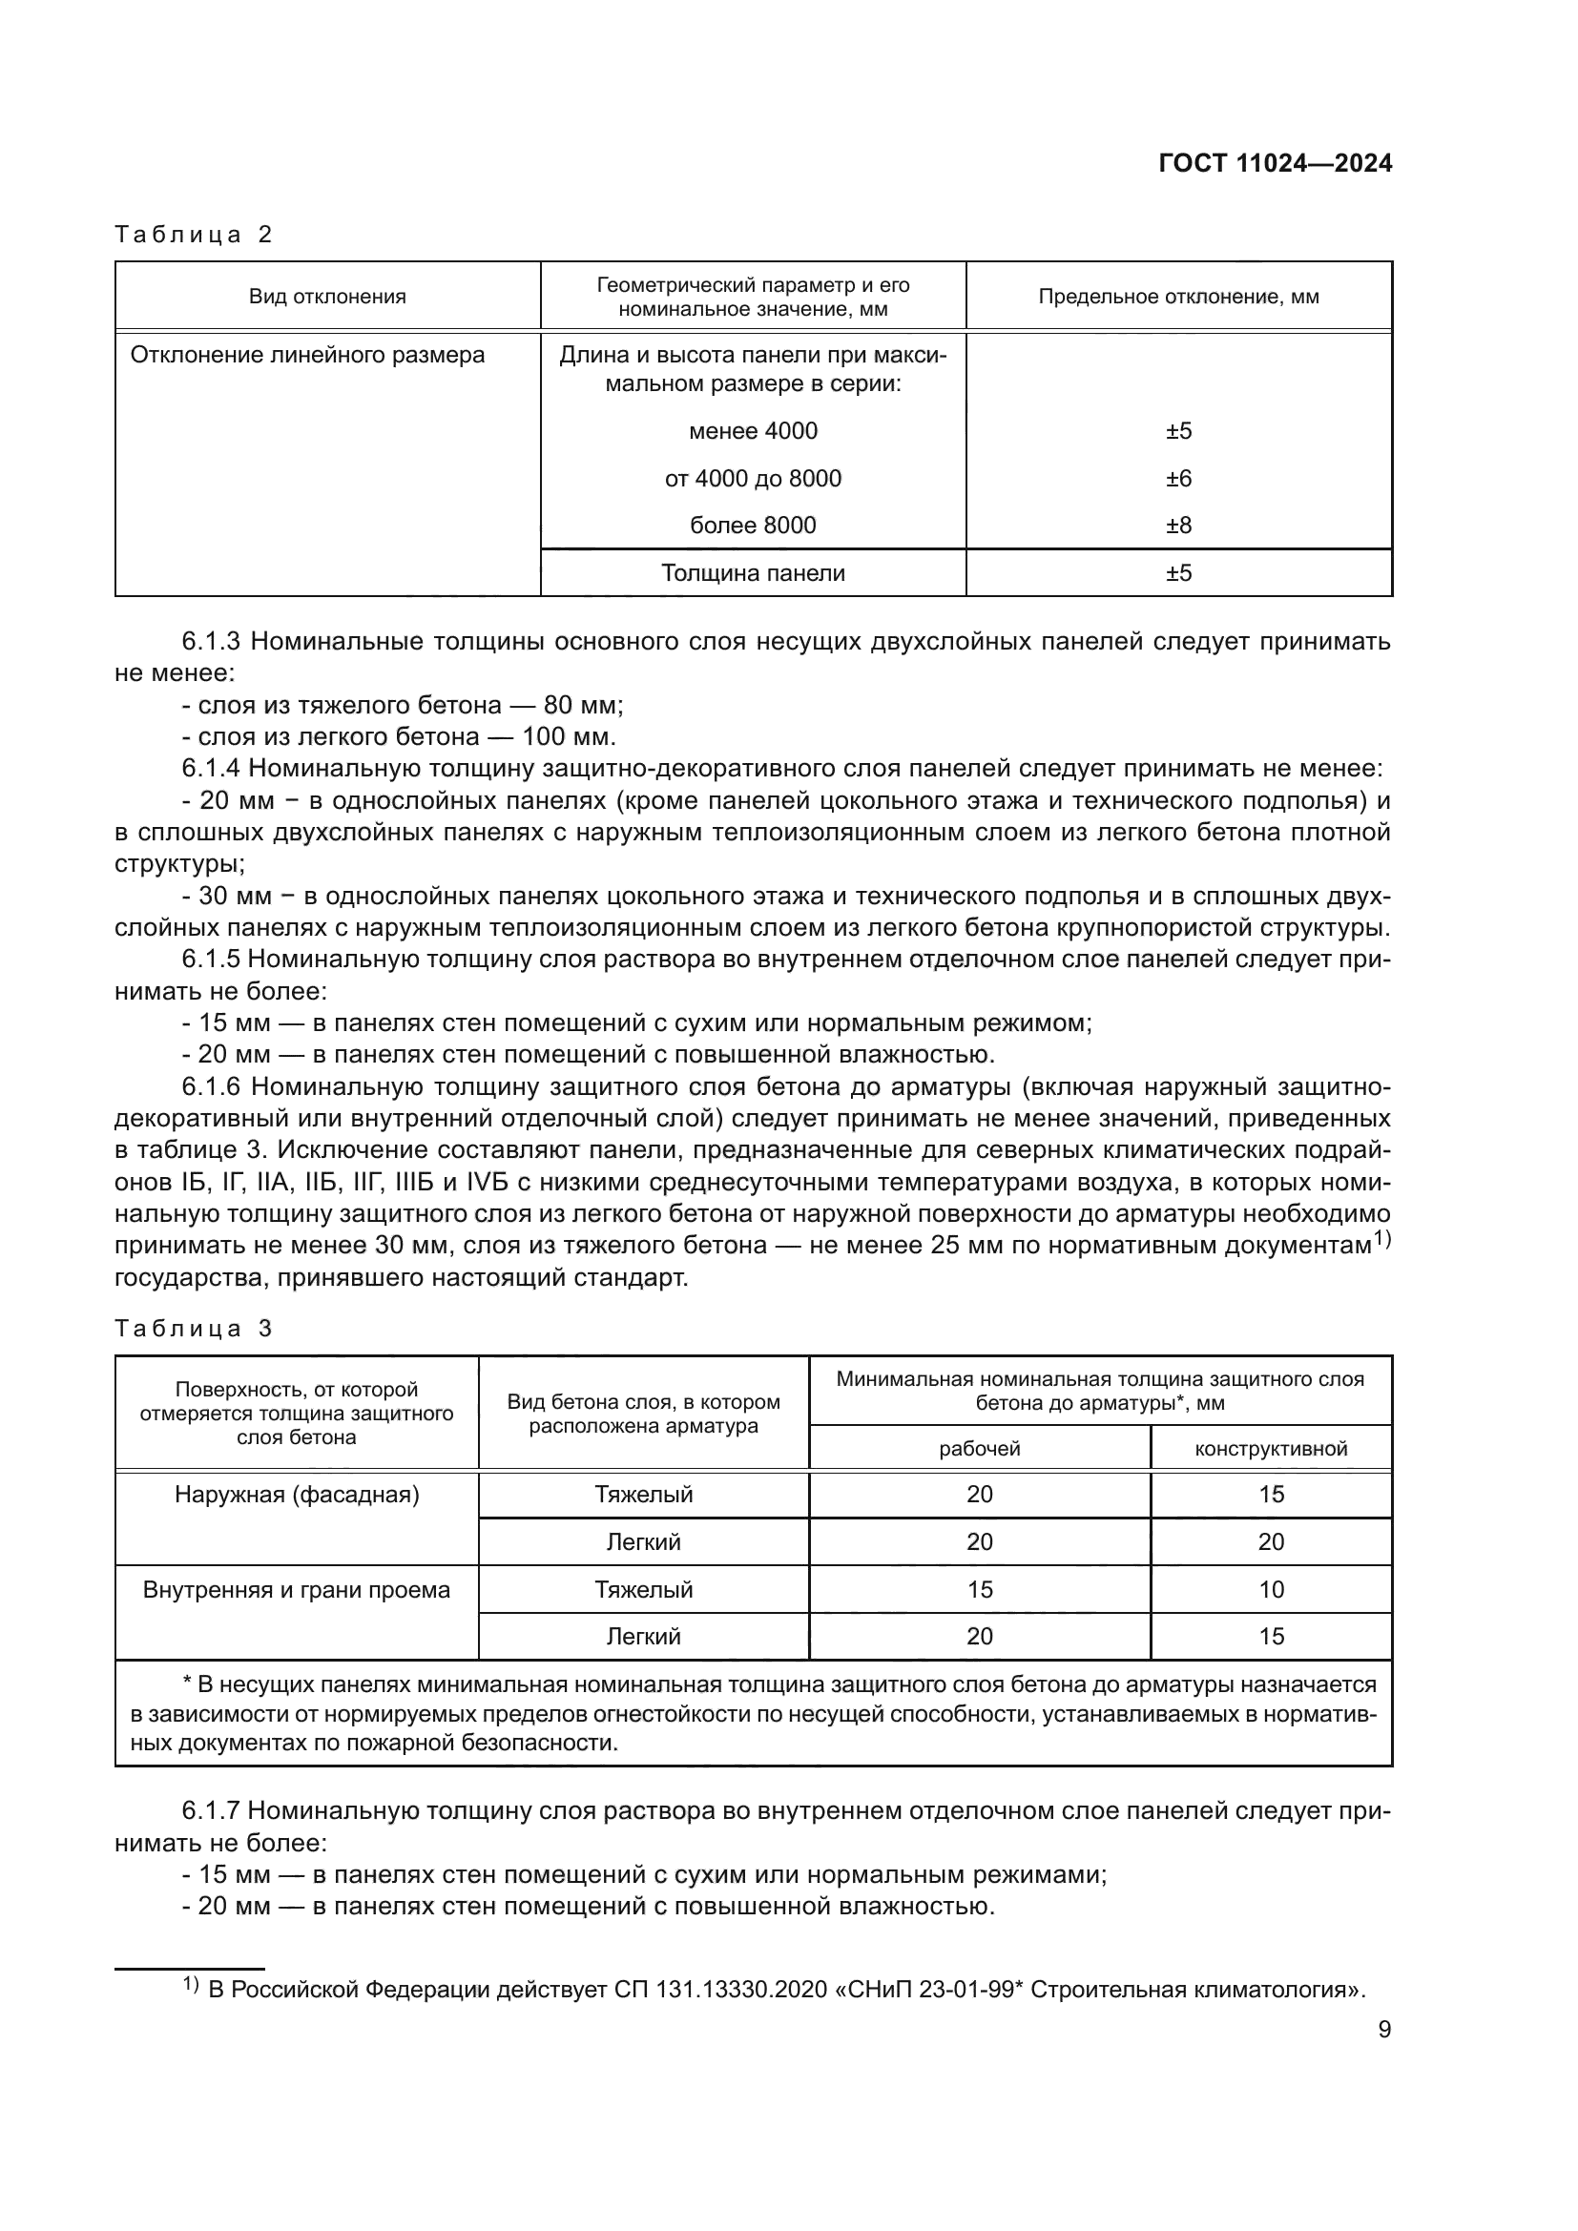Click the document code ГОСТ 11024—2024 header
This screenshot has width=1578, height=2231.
(1275, 163)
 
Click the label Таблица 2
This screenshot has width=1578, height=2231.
(194, 235)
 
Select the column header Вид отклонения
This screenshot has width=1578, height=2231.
(327, 298)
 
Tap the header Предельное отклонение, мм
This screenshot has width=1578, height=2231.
(1177, 298)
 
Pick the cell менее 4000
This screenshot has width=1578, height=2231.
(752, 431)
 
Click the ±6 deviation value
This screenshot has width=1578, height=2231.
(1177, 479)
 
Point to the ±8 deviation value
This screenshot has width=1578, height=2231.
(1177, 526)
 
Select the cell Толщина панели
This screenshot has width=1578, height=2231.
(752, 573)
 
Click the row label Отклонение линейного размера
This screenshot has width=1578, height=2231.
(307, 355)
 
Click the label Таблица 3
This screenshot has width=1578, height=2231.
(194, 1329)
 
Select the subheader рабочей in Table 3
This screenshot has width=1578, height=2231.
(979, 1449)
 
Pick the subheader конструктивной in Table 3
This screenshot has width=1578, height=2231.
(1270, 1449)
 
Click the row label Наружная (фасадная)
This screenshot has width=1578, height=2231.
(297, 1495)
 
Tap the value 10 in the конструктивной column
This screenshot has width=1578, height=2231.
(1270, 1590)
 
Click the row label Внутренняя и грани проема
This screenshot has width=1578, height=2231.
(297, 1590)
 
